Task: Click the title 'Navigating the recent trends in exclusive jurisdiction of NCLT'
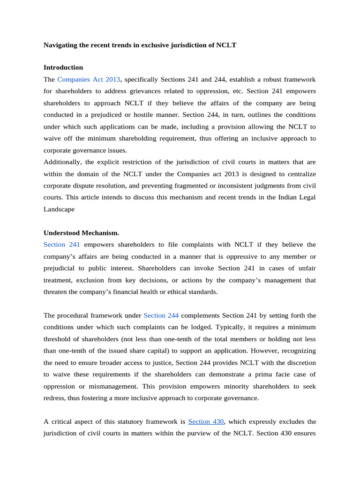click(140, 45)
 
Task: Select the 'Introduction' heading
click(63, 67)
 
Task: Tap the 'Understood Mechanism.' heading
click(81, 233)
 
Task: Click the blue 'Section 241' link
click(62, 245)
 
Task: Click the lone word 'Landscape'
click(59, 210)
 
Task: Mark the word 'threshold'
click(58, 339)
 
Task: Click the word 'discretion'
click(299, 362)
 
